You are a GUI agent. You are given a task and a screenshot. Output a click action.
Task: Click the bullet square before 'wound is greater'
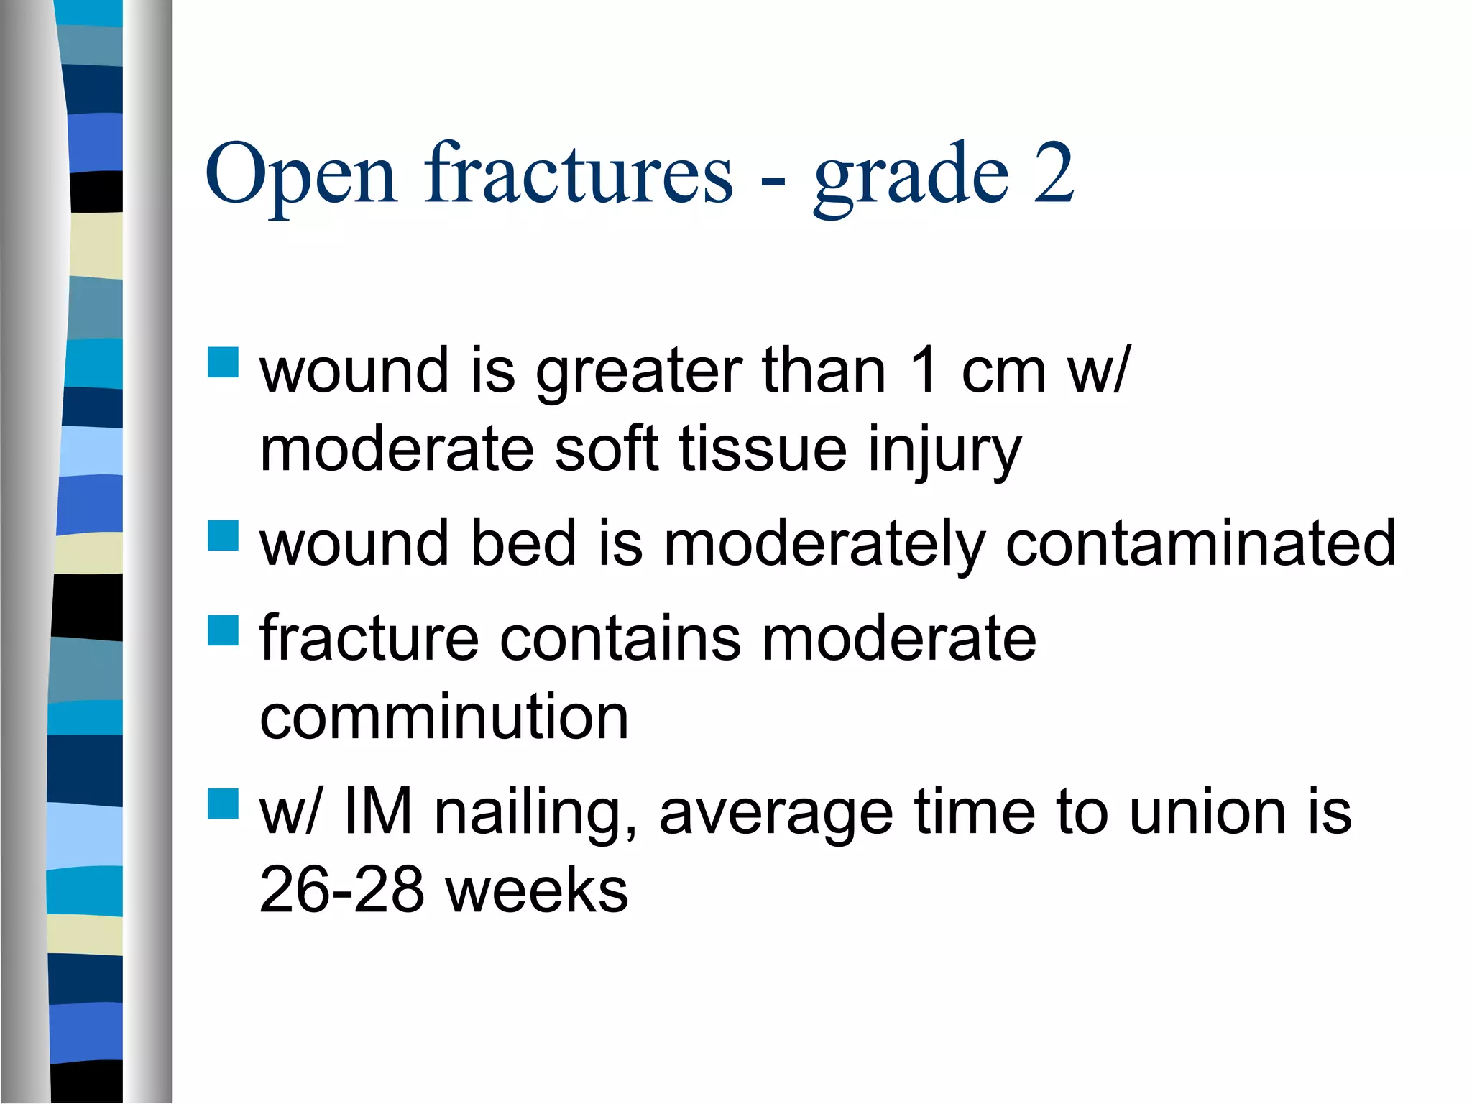click(223, 363)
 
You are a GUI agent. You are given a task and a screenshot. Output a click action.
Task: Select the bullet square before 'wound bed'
click(223, 535)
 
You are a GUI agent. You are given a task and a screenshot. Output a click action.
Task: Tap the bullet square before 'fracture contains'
click(223, 630)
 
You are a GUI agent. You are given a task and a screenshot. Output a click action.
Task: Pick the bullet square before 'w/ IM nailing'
click(223, 804)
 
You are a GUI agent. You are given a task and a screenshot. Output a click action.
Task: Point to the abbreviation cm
click(1003, 372)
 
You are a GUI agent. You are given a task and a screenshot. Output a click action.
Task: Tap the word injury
click(944, 451)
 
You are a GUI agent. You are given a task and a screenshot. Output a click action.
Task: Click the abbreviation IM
click(378, 812)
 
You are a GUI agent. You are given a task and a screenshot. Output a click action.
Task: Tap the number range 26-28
click(341, 891)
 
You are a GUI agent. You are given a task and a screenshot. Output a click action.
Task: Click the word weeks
click(536, 891)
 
